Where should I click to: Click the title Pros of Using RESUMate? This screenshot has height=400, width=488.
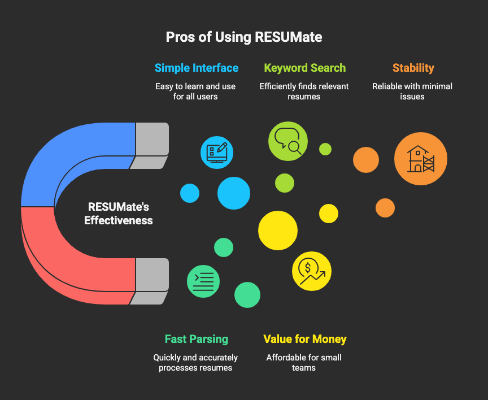point(244,37)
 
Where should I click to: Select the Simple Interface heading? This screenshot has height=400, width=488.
point(197,68)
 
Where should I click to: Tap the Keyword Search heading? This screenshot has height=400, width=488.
point(304,68)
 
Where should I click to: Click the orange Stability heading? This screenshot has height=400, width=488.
point(413,68)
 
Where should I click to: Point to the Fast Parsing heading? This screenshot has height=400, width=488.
point(197,339)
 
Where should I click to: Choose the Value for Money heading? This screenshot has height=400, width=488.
point(304,339)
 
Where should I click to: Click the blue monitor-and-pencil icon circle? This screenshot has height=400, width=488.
point(217,152)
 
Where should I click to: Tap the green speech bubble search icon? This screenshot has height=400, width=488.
point(288,141)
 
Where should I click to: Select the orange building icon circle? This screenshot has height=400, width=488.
point(420,159)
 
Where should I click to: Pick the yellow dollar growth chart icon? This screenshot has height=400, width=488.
point(312,271)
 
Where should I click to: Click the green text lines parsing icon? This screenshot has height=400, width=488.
point(203,281)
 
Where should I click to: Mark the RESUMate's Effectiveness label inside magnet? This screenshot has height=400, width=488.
point(119,214)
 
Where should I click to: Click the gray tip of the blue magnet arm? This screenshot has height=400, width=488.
point(152,139)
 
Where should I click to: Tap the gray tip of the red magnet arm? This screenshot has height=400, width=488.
point(152,275)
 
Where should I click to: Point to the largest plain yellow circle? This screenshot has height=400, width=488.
point(278,231)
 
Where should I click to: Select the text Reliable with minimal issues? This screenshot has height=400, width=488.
point(412,92)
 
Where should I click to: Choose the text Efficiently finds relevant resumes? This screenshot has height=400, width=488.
point(304,92)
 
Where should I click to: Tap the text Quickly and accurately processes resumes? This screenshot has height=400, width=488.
point(195,362)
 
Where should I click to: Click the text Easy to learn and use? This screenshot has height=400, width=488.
point(195,86)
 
